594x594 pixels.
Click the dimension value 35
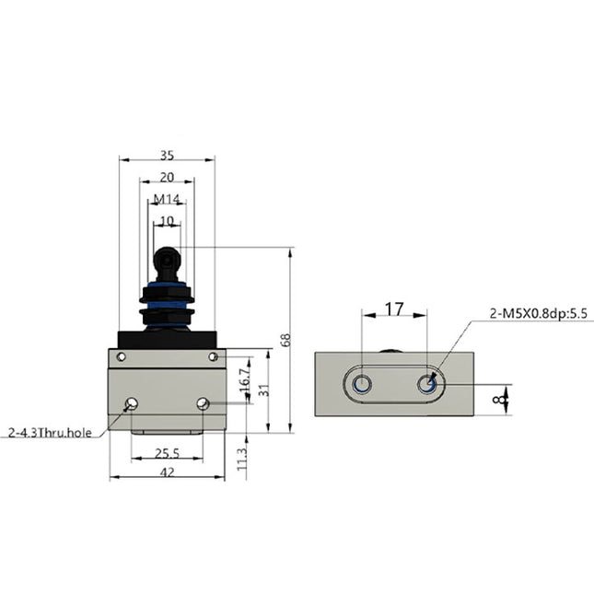coord(166,156)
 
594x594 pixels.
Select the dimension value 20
coord(166,178)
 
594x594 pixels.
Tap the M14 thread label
coord(166,199)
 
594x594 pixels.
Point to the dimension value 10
coord(166,221)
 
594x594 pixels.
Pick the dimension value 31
coord(263,391)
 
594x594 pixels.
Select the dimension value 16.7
coord(242,378)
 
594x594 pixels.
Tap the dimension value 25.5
coord(166,453)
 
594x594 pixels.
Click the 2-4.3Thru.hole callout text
coord(50,430)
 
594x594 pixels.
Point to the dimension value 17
coord(393,309)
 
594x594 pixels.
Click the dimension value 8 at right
coord(499,400)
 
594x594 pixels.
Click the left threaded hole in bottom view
coord(362,383)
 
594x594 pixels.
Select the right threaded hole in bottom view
coord(426,383)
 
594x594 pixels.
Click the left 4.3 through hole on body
coord(132,403)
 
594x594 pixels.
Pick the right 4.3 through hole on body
coord(202,403)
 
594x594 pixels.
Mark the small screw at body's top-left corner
coord(120,356)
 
